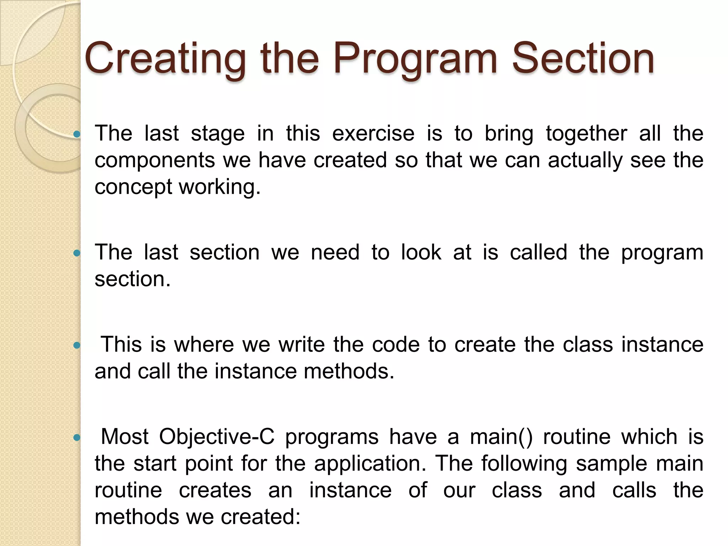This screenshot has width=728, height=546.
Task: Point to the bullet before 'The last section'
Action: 76,253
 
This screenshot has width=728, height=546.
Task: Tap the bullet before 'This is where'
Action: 76,345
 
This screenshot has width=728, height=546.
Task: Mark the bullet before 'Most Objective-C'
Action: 76,438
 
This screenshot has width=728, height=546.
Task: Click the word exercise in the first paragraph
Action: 373,134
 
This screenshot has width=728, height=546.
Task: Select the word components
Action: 155,160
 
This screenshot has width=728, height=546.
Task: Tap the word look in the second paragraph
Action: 421,252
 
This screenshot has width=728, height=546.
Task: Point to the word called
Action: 538,252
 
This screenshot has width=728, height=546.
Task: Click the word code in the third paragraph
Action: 396,344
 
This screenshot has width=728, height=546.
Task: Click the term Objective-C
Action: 216,437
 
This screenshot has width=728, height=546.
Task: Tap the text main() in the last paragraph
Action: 501,437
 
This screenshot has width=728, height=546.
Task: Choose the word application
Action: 370,464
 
